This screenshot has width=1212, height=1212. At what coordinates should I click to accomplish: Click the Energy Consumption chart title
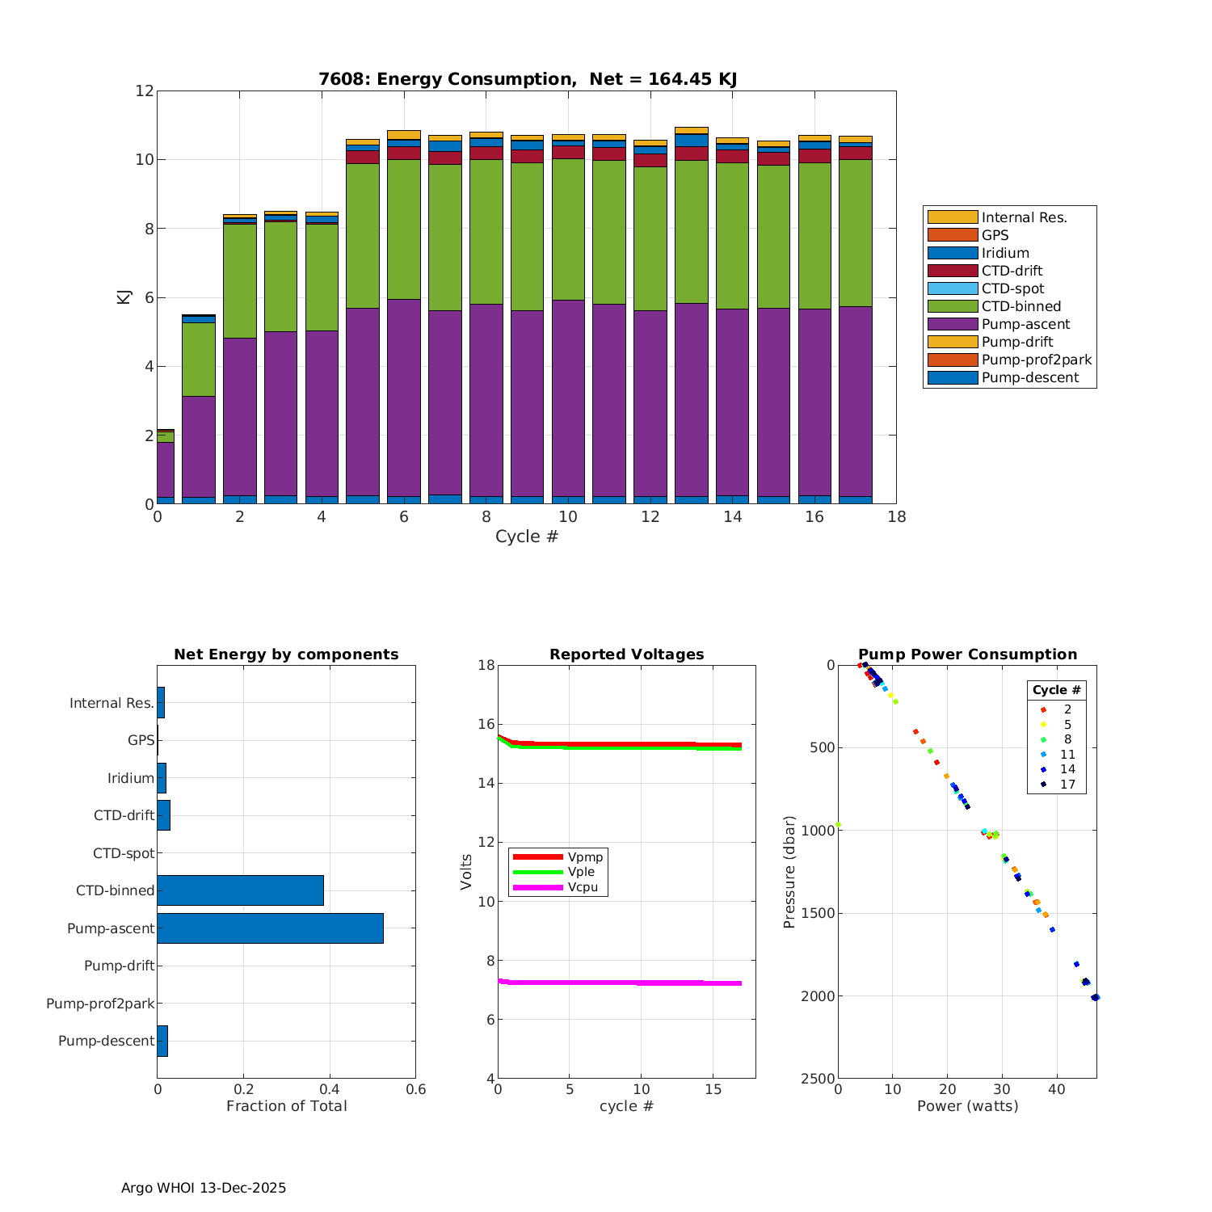click(x=527, y=79)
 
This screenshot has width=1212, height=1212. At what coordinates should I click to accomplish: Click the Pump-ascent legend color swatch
click(x=953, y=324)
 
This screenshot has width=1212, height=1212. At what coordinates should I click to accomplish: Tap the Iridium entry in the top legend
click(x=1005, y=253)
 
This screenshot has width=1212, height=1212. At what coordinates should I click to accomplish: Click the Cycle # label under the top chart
click(x=527, y=537)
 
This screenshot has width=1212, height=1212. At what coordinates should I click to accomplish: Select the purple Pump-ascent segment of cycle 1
click(x=199, y=446)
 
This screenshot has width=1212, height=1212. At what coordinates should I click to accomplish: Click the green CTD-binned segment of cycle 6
click(x=404, y=229)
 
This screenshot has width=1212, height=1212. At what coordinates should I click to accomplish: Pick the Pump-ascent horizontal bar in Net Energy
click(x=270, y=928)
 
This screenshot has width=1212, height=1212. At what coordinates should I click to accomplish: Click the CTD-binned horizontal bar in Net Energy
click(x=240, y=890)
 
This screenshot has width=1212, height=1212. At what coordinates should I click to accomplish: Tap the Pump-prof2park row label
click(x=100, y=1004)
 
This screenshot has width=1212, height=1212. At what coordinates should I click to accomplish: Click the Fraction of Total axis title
click(x=286, y=1106)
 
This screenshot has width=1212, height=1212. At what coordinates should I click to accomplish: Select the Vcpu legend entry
click(x=583, y=887)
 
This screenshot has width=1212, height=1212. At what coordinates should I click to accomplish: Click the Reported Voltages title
click(x=626, y=654)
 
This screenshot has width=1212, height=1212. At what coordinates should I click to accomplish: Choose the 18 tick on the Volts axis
click(x=486, y=665)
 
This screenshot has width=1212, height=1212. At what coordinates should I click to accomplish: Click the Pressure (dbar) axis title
click(x=789, y=871)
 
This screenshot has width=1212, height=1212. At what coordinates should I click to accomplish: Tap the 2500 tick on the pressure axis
click(x=819, y=1079)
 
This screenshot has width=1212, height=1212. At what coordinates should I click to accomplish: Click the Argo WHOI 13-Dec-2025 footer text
click(x=204, y=1188)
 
